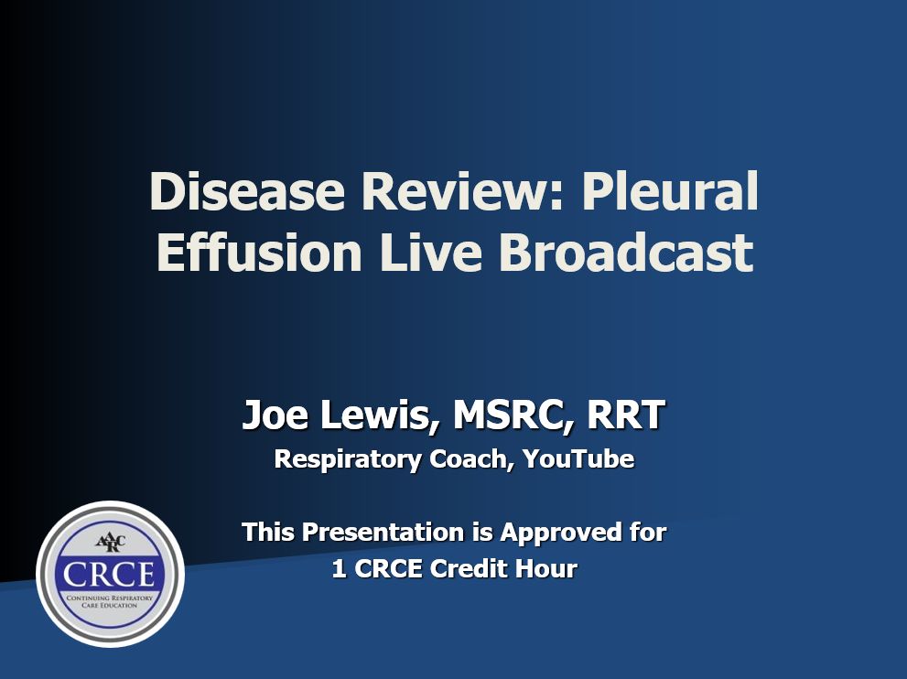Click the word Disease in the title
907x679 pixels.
click(247, 191)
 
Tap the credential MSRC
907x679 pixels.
click(510, 415)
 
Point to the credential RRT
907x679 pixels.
click(625, 415)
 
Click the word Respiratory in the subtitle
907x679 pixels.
click(348, 459)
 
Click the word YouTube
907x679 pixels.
click(578, 458)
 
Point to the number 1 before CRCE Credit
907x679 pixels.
click(340, 569)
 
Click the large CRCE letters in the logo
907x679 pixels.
click(109, 575)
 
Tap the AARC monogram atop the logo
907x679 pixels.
click(110, 543)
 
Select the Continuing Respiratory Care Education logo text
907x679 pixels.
click(110, 601)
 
